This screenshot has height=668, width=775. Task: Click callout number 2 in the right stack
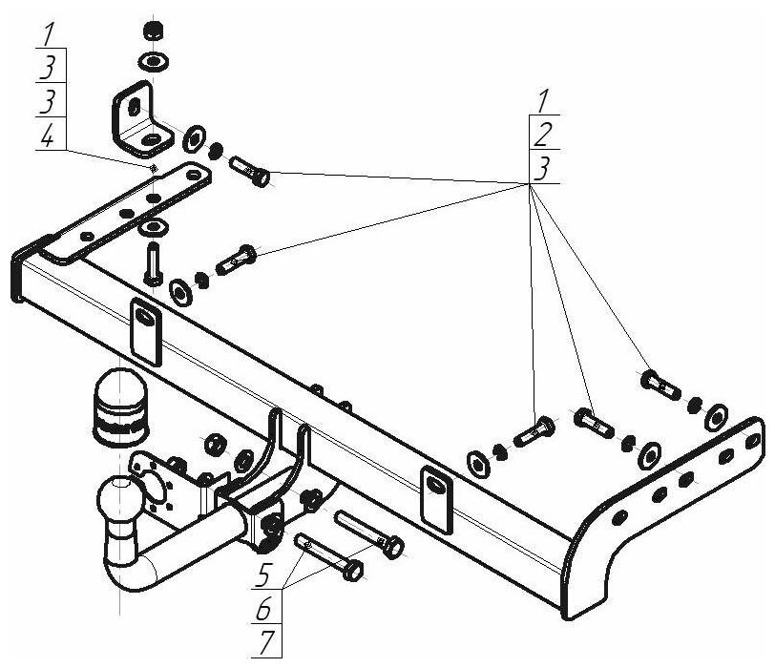point(541,132)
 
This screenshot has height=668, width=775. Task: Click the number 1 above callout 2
point(541,100)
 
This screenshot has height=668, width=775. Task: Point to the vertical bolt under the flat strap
point(152,261)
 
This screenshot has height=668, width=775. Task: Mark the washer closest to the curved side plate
point(715,418)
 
